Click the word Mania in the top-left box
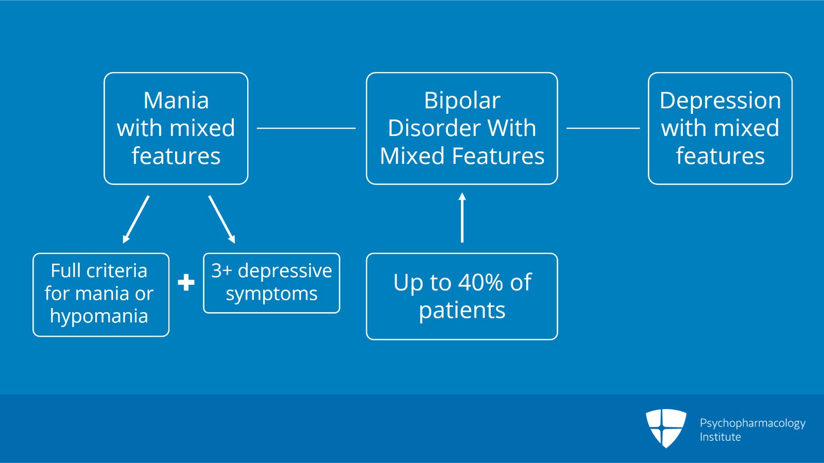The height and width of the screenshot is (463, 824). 176,100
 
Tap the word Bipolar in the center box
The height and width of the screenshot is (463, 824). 462,100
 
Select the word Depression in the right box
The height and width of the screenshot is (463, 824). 720,100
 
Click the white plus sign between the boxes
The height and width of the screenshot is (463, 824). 186,282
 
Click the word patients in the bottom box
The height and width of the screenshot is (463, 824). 462,311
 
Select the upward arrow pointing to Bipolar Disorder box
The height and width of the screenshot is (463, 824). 462,217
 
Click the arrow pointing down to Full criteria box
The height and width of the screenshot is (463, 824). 136,219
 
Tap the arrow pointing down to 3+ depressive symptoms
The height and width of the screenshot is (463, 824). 221,219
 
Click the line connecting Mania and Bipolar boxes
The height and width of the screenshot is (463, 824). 306,128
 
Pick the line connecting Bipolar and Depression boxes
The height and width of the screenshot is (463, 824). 603,128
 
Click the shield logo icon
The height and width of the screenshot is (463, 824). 666,427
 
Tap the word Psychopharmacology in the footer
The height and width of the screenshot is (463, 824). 752,423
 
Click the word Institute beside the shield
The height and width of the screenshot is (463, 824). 720,437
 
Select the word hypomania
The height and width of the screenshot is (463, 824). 99,316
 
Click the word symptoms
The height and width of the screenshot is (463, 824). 271,294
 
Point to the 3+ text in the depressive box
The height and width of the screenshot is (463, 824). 221,271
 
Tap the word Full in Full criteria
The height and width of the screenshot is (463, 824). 65,271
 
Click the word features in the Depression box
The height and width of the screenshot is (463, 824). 720,156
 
